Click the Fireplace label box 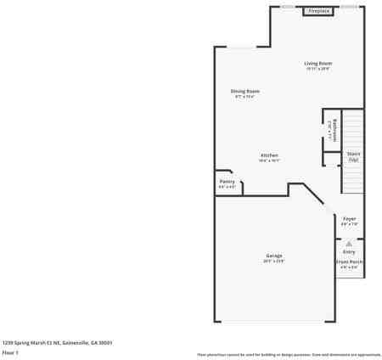(319, 12)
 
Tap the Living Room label (318, 64)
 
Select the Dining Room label (244, 91)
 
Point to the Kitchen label (269, 155)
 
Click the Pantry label (227, 181)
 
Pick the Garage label (273, 256)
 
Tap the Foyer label (349, 218)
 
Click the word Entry (349, 251)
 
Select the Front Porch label (349, 262)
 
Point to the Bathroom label (336, 130)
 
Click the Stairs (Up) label (353, 156)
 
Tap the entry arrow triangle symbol (349, 243)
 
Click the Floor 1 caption (10, 352)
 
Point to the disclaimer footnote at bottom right (289, 354)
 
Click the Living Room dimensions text (318, 69)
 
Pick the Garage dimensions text (273, 261)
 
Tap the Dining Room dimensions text (244, 96)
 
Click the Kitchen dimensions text (269, 160)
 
